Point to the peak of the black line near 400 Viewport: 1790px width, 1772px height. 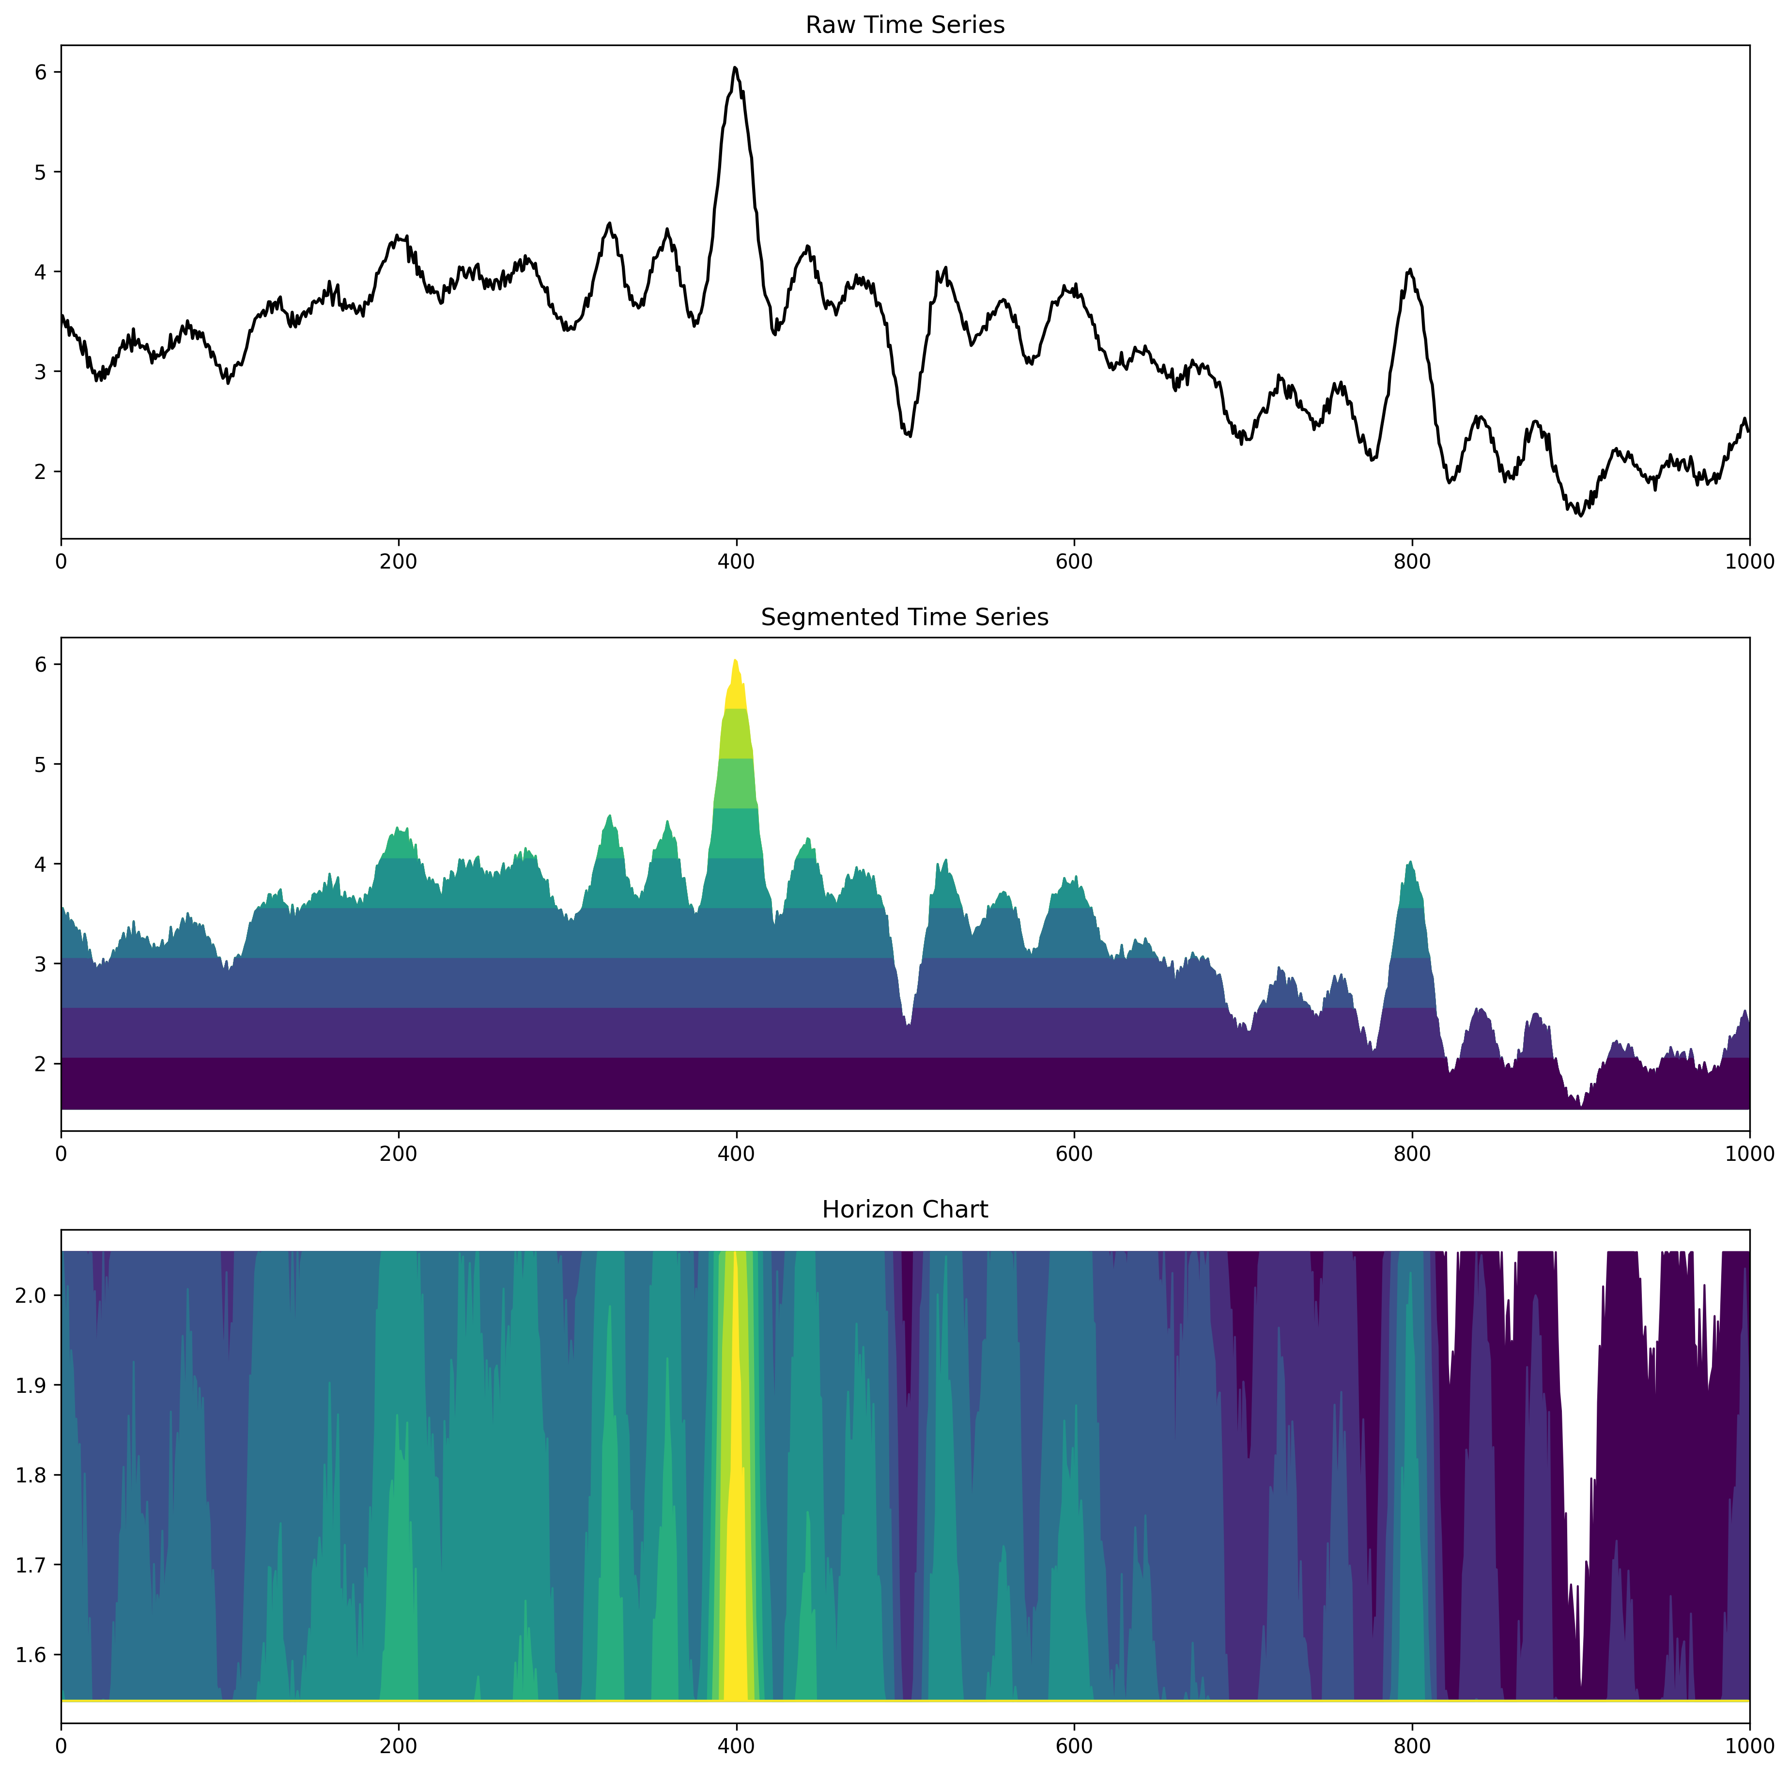point(735,68)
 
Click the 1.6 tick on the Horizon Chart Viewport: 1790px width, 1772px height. point(33,1655)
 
